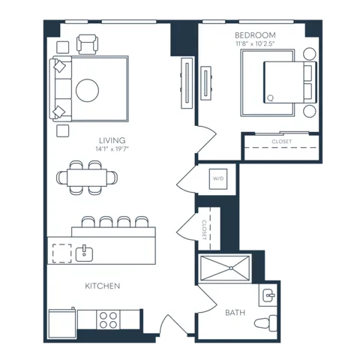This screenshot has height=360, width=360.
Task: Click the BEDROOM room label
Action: pos(255,35)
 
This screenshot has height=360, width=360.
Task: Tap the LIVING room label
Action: pos(112,140)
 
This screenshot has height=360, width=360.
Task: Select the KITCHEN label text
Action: pos(103,286)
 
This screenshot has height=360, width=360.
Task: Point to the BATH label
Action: pos(235,313)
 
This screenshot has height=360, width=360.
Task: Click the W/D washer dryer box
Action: pos(218,178)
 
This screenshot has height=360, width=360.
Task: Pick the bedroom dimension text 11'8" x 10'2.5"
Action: pos(255,43)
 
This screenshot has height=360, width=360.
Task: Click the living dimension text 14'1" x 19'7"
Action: pos(112,149)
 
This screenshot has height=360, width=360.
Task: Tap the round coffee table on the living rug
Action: pos(87,91)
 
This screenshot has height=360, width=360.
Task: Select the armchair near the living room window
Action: pos(87,44)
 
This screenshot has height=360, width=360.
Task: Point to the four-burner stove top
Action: pos(108,320)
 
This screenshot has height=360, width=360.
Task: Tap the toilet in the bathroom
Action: pos(265,323)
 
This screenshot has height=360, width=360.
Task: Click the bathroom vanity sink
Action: pos(268,295)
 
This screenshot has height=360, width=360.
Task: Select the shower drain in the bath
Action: pos(231,268)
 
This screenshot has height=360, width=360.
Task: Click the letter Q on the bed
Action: pos(270,98)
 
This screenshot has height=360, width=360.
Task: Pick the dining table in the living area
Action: pos(87,178)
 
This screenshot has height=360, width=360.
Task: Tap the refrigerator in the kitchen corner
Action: pos(62,324)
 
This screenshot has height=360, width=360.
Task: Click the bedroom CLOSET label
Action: pos(282,142)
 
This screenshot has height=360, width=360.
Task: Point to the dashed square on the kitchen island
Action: pos(62,253)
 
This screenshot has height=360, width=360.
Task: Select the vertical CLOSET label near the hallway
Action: pos(204,229)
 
